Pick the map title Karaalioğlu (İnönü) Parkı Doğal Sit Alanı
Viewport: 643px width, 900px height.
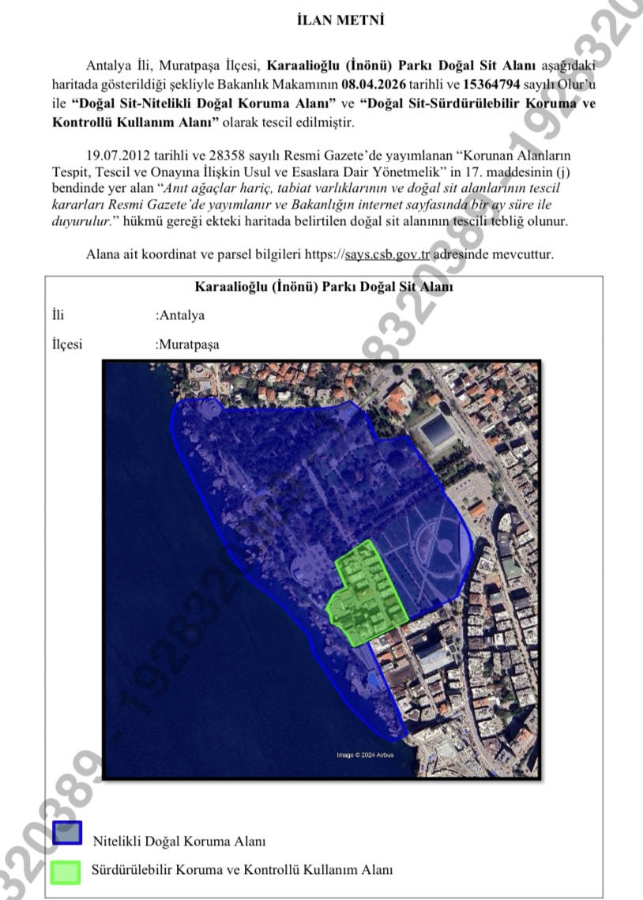[323, 288]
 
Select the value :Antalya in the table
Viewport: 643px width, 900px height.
[180, 315]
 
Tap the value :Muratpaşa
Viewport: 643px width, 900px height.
[187, 345]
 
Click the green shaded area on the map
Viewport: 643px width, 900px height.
[366, 593]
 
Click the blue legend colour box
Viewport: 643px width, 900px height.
[67, 833]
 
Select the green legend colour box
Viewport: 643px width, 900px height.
[66, 871]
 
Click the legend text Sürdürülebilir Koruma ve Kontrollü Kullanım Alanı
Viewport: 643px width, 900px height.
[243, 871]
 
